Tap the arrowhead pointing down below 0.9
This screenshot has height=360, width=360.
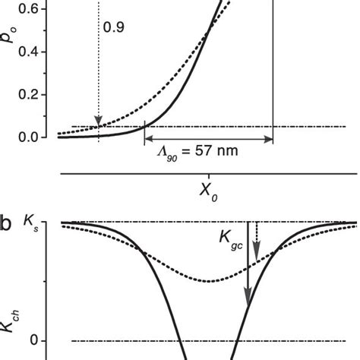click(x=98, y=122)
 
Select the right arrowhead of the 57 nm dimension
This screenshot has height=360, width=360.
click(x=268, y=139)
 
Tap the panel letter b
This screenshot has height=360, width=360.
click(x=7, y=226)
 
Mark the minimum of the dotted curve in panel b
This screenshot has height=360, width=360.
click(x=210, y=282)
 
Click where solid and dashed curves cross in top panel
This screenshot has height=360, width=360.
click(x=210, y=32)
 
